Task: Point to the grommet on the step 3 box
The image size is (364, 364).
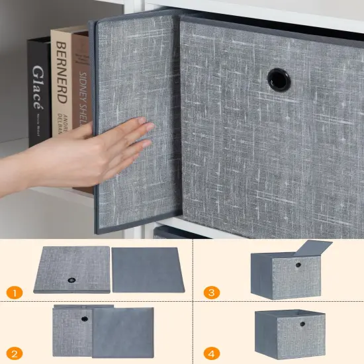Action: [298, 265]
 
